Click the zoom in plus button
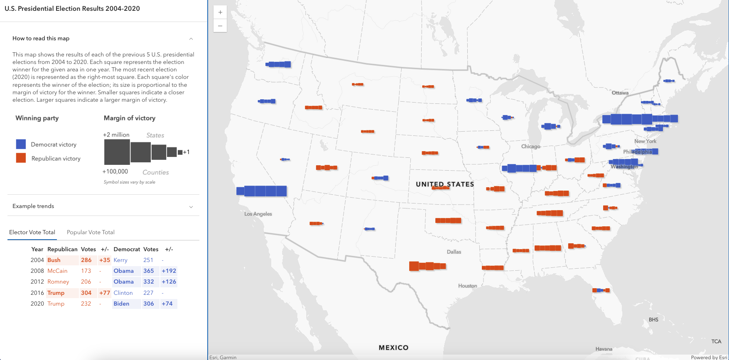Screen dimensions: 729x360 pyautogui.click(x=220, y=12)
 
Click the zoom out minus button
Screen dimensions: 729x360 pyautogui.click(x=220, y=26)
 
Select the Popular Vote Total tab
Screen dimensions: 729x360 pyautogui.click(x=91, y=232)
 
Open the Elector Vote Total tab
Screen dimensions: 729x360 pyautogui.click(x=32, y=232)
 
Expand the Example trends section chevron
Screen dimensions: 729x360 pyautogui.click(x=191, y=207)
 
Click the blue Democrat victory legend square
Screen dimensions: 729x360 pyautogui.click(x=21, y=144)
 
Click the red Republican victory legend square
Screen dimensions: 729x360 pyautogui.click(x=21, y=158)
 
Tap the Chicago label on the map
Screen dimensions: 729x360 pyautogui.click(x=531, y=147)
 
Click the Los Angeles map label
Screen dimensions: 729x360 pyautogui.click(x=258, y=214)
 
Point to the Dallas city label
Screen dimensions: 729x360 pyautogui.click(x=454, y=252)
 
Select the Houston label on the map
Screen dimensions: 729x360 pyautogui.click(x=467, y=286)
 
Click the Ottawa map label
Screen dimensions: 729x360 pyautogui.click(x=620, y=93)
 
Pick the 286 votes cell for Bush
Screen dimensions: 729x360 pyautogui.click(x=86, y=260)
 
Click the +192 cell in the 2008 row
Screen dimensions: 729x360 pyautogui.click(x=169, y=271)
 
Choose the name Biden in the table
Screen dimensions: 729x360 pyautogui.click(x=121, y=304)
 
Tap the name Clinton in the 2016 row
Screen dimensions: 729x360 pyautogui.click(x=123, y=293)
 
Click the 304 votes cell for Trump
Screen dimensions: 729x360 pyautogui.click(x=86, y=293)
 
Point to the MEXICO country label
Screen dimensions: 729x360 pyautogui.click(x=393, y=348)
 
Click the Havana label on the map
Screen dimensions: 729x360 pyautogui.click(x=604, y=349)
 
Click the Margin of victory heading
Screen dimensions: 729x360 pyautogui.click(x=130, y=118)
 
